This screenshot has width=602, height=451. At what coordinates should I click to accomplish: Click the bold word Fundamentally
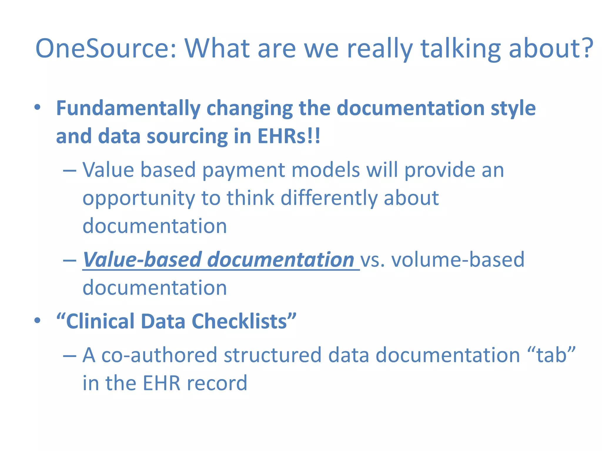pyautogui.click(x=128, y=109)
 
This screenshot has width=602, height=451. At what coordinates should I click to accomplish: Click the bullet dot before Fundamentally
pyautogui.click(x=37, y=107)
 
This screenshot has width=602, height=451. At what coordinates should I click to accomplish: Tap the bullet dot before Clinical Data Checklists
pyautogui.click(x=37, y=320)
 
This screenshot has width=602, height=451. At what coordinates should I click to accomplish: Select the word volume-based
pyautogui.click(x=458, y=260)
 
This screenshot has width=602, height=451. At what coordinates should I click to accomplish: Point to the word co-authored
pyautogui.click(x=159, y=355)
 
